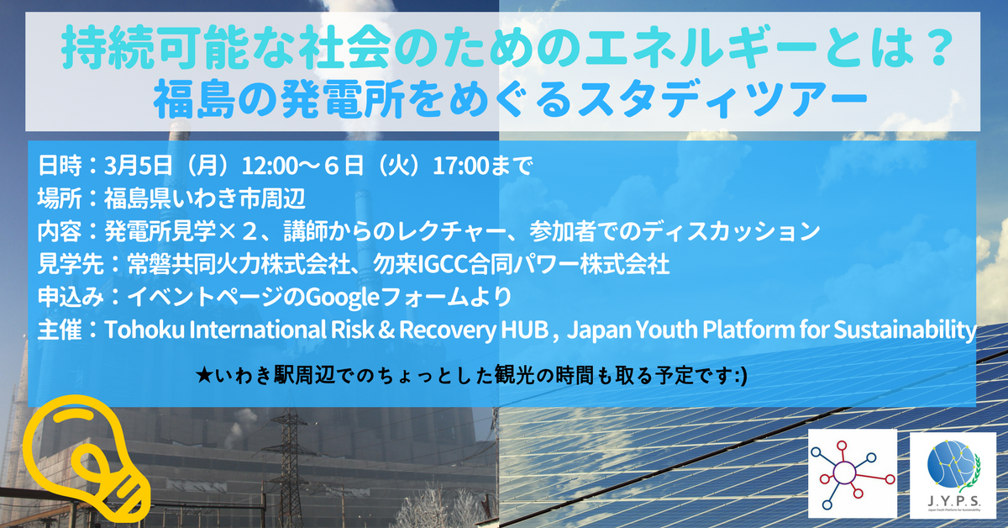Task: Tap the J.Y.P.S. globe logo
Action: coord(953,475)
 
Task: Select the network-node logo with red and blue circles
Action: coord(853,473)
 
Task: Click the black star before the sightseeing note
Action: coord(205,376)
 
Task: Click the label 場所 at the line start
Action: coord(60,198)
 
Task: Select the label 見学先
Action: coord(71,265)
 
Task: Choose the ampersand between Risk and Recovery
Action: coord(386,330)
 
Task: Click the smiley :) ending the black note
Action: coord(741,377)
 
